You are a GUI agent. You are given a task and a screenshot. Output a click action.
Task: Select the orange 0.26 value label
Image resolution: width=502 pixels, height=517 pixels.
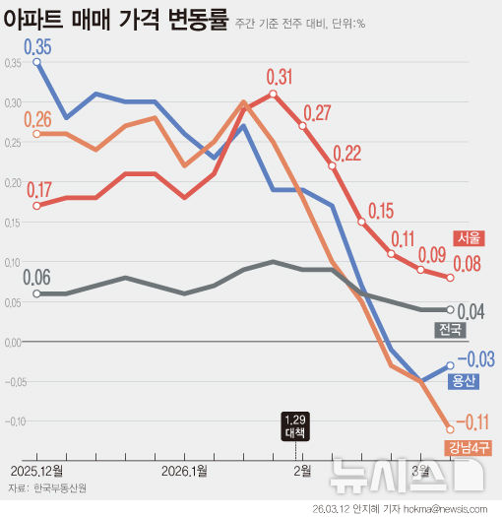tap(39, 119)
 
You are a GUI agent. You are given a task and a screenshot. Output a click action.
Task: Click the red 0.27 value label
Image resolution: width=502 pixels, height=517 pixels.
tap(317, 112)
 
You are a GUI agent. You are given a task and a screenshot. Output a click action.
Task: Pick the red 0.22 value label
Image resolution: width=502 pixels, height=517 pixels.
tap(347, 154)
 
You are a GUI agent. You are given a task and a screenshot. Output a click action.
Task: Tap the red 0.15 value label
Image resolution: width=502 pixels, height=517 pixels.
tap(379, 209)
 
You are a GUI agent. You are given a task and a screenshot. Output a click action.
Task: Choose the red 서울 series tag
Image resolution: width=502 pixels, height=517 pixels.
tap(468, 237)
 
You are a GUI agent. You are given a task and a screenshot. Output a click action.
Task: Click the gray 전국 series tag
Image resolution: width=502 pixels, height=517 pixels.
tap(451, 329)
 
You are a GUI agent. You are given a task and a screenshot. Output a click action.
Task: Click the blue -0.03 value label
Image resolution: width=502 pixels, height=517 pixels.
tap(475, 358)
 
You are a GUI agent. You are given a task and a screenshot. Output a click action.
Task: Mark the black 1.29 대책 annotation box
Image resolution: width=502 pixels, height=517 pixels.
tap(294, 424)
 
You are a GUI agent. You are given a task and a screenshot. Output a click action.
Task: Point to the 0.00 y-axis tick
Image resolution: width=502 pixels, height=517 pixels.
tap(13, 342)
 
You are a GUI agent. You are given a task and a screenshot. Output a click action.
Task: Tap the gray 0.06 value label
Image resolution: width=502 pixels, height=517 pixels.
tap(38, 278)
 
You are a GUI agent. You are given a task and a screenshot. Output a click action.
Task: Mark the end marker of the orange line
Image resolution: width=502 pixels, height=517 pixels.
tap(451, 428)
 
